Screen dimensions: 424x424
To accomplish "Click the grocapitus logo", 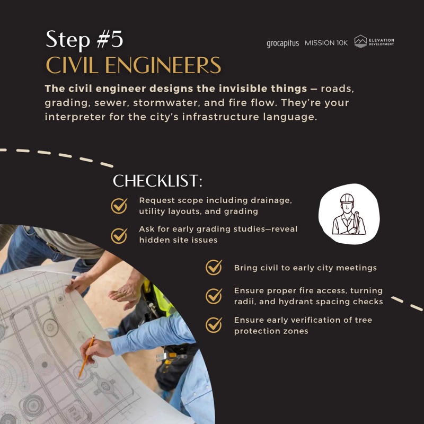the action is [x=282, y=43].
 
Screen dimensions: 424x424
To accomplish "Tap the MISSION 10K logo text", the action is [x=326, y=43].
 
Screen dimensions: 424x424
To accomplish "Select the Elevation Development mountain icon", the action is [x=360, y=41].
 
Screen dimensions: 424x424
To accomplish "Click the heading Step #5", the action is [x=84, y=39].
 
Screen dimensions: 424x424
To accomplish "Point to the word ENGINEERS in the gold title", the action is [x=163, y=65].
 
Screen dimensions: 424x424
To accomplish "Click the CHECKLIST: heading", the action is [x=157, y=181].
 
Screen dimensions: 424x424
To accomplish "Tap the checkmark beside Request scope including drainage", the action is [x=119, y=206].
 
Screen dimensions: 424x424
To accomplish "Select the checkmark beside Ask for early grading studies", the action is [x=119, y=235].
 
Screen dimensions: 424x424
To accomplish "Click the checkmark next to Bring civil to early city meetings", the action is [x=214, y=267].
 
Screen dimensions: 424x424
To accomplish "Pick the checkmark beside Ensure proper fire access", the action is [x=214, y=296].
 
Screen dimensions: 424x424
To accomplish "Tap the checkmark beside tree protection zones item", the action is [x=214, y=325].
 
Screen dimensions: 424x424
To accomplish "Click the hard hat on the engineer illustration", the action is [x=347, y=198].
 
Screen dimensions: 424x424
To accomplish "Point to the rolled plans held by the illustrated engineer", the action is [x=356, y=222].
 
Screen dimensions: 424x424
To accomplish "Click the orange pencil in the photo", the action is [x=86, y=356].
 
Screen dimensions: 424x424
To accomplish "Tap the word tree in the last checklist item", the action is [x=364, y=320].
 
